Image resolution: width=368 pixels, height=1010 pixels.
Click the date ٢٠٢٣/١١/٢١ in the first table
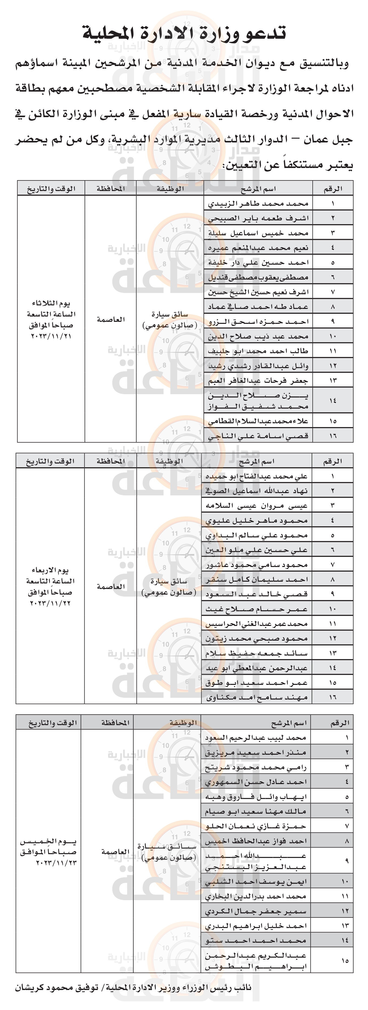(x=51, y=336)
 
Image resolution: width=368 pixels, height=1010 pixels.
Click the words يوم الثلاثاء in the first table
(x=51, y=303)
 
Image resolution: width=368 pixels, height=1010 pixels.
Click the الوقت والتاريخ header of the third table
(x=53, y=723)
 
